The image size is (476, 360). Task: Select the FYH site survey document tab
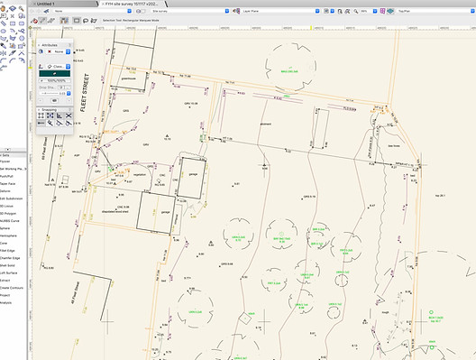(x=144, y=4)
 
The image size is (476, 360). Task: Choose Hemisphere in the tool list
(x=8, y=229)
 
